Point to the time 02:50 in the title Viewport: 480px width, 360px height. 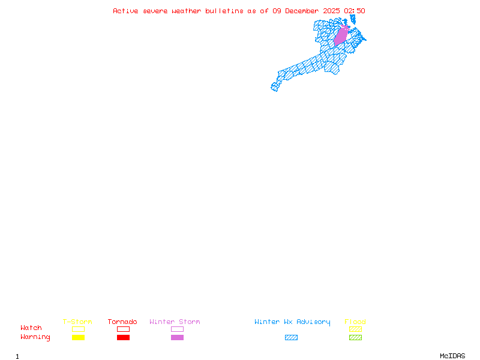tap(354, 11)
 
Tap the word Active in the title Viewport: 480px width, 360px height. tap(125, 11)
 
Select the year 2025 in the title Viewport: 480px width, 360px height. tap(331, 11)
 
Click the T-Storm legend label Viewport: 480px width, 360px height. tap(77, 322)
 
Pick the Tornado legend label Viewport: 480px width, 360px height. tap(122, 322)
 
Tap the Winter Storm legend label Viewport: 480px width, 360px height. tap(175, 322)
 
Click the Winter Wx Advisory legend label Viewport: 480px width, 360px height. tap(292, 322)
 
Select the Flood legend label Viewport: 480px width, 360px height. tap(355, 322)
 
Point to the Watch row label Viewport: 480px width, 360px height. tap(31, 328)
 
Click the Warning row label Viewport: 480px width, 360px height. tap(35, 337)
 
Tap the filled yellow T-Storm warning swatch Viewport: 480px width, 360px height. tap(78, 337)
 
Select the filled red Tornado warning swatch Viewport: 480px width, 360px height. tap(123, 337)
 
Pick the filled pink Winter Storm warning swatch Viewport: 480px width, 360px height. tap(177, 337)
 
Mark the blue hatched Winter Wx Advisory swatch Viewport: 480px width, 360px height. tap(291, 337)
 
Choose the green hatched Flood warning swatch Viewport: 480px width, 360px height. tap(355, 337)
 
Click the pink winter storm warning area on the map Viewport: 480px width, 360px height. tap(341, 35)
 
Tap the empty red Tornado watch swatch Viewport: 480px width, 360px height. tap(123, 329)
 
